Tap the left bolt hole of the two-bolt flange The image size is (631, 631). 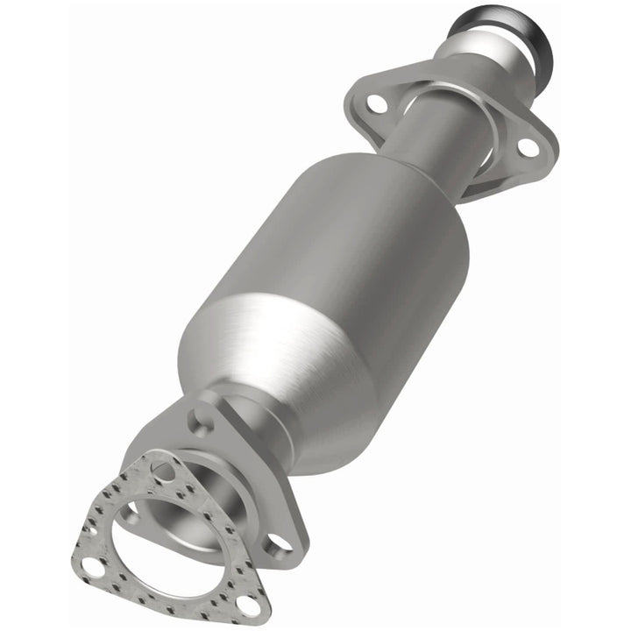[377, 103]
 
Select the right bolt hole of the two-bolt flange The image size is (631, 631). [528, 148]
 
